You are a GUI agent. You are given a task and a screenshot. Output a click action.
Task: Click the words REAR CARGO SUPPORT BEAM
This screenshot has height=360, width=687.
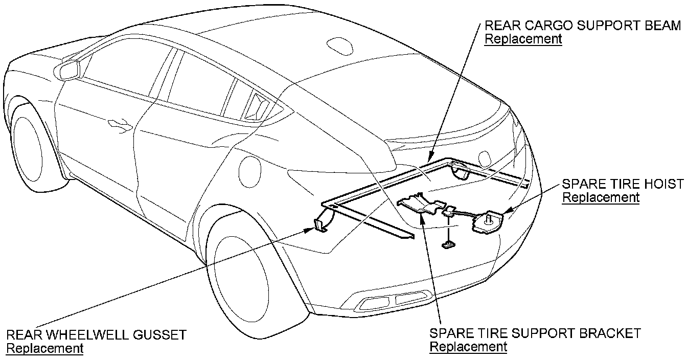(x=583, y=26)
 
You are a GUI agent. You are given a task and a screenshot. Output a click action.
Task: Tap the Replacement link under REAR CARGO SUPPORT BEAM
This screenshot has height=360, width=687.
(x=523, y=39)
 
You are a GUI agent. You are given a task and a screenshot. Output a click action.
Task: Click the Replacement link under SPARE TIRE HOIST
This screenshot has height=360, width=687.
(x=601, y=197)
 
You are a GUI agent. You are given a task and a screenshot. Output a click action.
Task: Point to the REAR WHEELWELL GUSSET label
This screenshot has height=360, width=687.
(x=96, y=335)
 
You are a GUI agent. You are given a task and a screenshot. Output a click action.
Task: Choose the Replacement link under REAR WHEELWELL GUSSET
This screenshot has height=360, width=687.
(x=44, y=349)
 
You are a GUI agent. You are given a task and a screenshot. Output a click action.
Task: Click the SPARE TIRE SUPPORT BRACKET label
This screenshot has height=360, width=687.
(x=535, y=333)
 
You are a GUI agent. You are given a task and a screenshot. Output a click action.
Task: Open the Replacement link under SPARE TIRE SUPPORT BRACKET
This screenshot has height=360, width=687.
(x=468, y=347)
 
